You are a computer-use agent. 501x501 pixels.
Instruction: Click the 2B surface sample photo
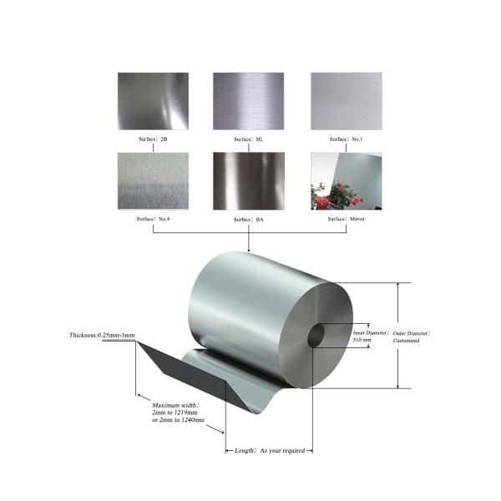[153, 102]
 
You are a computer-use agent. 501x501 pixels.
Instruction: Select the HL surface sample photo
[249, 102]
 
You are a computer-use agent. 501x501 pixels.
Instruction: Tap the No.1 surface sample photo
[346, 102]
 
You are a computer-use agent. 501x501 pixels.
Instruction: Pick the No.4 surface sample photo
[153, 180]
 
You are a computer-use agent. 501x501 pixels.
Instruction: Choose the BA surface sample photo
[249, 180]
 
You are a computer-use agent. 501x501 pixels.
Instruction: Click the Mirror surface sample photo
[346, 180]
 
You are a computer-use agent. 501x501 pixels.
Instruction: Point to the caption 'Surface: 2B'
[153, 139]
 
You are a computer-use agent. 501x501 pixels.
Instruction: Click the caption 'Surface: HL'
[249, 139]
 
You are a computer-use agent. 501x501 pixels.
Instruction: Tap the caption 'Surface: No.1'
[347, 139]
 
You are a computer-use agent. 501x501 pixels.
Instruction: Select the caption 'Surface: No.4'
[153, 218]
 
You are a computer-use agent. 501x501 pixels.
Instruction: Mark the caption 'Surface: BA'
[249, 218]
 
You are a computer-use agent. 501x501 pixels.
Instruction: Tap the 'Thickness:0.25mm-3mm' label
[102, 335]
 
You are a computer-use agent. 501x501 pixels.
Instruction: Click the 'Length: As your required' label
[269, 450]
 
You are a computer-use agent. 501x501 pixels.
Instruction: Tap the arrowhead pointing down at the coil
[249, 248]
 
